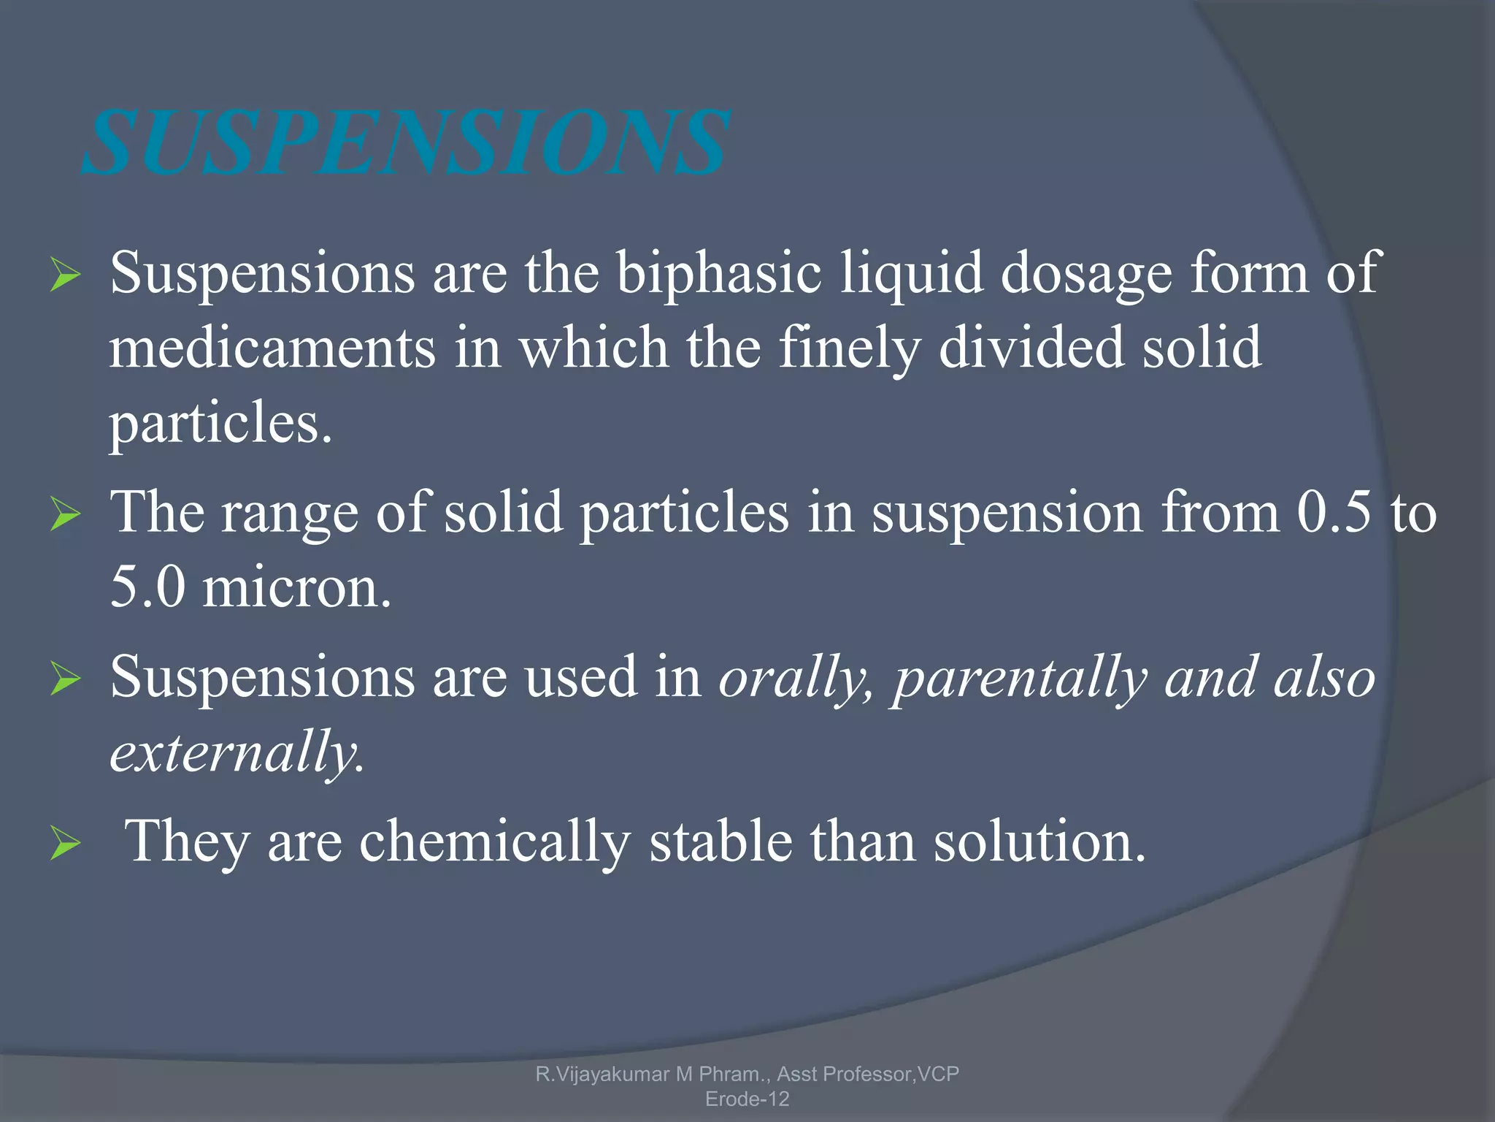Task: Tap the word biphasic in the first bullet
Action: tap(719, 273)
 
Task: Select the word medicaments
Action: tap(272, 348)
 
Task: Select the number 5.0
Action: tap(148, 587)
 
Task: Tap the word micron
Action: tap(296, 587)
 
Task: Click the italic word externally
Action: tap(235, 752)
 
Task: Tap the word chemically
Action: tap(494, 841)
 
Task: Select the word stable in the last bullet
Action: tap(720, 841)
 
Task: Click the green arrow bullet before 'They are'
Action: tap(65, 845)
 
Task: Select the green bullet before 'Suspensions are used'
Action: tap(65, 681)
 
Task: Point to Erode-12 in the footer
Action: tap(747, 1099)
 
